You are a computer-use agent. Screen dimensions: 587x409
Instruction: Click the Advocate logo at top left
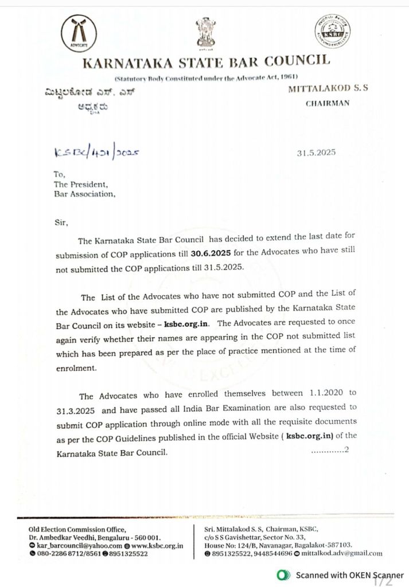(x=79, y=34)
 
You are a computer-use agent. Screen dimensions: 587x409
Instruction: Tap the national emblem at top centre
(x=206, y=33)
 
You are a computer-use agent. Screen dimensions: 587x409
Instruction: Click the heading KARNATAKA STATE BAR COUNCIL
(x=207, y=61)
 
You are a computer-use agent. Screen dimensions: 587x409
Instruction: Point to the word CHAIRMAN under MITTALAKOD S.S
(x=325, y=104)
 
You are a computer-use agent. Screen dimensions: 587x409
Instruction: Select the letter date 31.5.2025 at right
(x=316, y=152)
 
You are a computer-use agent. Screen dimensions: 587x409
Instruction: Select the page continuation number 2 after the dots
(x=345, y=450)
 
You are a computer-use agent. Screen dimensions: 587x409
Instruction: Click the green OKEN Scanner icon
(x=282, y=574)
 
